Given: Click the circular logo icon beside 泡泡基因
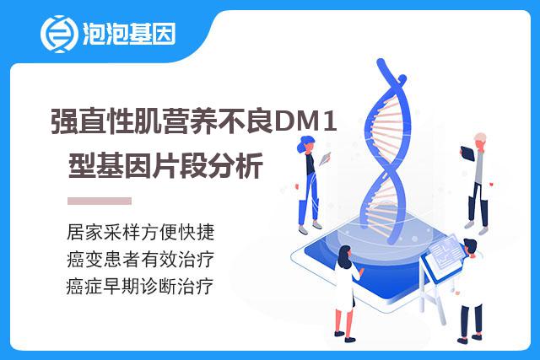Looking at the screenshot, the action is [x=59, y=34].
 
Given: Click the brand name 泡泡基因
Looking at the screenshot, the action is [x=129, y=34].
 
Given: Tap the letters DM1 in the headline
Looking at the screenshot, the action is [x=305, y=121].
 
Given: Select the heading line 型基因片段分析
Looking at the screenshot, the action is [x=165, y=165].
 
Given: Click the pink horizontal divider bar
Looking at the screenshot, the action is [x=100, y=201].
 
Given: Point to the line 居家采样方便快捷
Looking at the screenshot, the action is [x=141, y=232].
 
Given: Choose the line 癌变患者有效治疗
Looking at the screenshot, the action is [x=141, y=259].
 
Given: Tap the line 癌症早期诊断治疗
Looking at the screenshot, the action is [x=140, y=286].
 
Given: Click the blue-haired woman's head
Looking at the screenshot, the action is [x=305, y=144].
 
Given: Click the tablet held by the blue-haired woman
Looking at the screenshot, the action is [x=324, y=159].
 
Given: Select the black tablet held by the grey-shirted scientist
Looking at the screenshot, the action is [x=467, y=153].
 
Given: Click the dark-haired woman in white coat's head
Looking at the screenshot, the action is [x=345, y=256].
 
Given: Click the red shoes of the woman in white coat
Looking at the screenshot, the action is [x=344, y=336].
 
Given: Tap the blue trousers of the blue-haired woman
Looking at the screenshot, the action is [x=309, y=199].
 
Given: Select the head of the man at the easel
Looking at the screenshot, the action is [x=470, y=247].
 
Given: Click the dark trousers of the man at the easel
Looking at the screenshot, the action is [x=471, y=320].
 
